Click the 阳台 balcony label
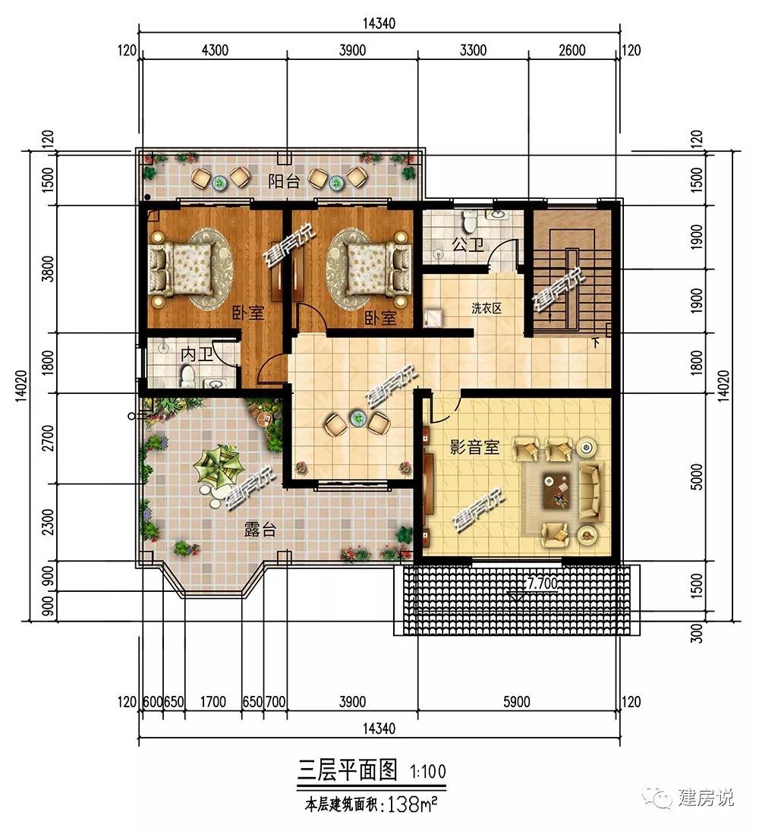284,182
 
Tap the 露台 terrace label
260,529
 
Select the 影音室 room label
474,447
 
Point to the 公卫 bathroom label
468,244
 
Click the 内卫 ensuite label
197,354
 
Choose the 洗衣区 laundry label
487,308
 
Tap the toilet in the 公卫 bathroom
469,222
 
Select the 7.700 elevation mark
542,584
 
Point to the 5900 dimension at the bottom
516,702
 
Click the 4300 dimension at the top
216,50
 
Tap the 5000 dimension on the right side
697,477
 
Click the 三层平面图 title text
347,770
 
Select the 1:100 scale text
428,771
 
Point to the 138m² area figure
413,805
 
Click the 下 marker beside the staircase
597,343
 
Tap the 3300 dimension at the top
473,50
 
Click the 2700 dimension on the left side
48,438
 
